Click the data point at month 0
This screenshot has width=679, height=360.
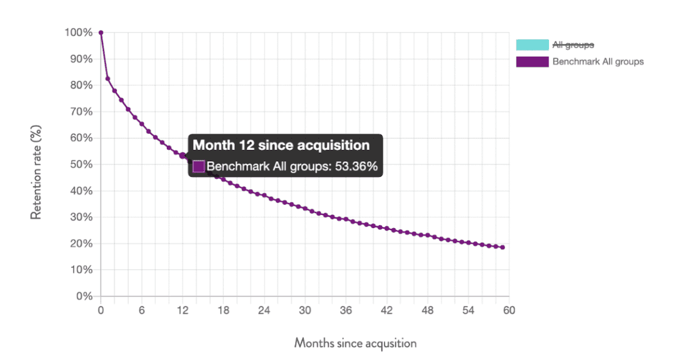(101, 33)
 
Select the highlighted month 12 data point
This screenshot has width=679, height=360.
(182, 155)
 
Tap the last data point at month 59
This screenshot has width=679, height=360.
(503, 247)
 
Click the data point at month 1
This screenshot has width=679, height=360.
(108, 78)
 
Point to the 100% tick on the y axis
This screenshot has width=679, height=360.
(78, 33)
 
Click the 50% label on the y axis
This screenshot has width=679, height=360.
(81, 164)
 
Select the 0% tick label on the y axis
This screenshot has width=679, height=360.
(83, 296)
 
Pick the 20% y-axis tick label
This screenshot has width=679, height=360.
(81, 244)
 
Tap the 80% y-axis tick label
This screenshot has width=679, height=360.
(81, 85)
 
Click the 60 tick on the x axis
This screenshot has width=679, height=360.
(509, 310)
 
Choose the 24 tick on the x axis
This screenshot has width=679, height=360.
(264, 310)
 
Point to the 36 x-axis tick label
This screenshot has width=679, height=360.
(346, 310)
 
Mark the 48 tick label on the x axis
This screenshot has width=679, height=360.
(427, 310)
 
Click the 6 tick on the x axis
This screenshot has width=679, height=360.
(141, 310)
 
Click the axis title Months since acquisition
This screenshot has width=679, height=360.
(355, 343)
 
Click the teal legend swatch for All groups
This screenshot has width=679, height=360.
(532, 45)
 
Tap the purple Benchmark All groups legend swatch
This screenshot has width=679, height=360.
(532, 61)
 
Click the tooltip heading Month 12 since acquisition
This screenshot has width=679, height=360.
(281, 145)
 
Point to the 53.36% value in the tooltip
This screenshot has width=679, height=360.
(356, 167)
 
